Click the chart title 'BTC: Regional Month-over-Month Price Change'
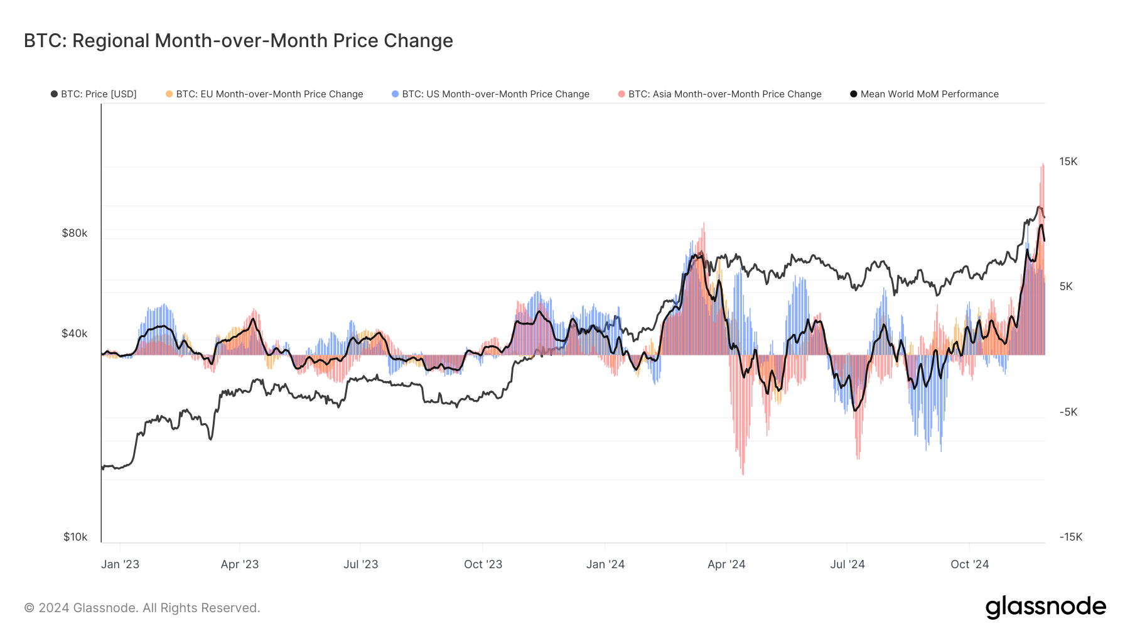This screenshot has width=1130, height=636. coord(239,41)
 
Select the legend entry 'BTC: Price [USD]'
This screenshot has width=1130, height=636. coord(94,94)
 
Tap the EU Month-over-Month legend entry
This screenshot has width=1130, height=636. coord(265,94)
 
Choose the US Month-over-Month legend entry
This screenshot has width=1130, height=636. coord(491,94)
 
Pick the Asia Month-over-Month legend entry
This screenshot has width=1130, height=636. coord(720,94)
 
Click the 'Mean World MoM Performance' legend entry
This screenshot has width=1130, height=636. coord(925,94)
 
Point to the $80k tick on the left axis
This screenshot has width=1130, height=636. coord(75,233)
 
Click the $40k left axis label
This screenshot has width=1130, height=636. coord(75,333)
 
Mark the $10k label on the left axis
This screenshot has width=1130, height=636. coord(75,537)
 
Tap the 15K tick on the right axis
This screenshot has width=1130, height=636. coord(1068,161)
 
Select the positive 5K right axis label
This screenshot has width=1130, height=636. coord(1066,286)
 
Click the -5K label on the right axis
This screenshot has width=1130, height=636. coord(1068,412)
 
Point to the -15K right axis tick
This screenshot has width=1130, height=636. coord(1071,537)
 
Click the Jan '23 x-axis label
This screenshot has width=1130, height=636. coord(120,564)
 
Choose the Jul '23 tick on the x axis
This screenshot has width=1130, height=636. coord(361,564)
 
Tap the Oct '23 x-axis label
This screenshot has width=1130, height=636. coord(483,564)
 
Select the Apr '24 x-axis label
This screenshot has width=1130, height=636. coord(726,564)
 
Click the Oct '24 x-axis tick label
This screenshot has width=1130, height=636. coord(969,564)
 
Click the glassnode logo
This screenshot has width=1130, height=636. coord(1045,607)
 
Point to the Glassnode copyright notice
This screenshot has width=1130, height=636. coord(142,608)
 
